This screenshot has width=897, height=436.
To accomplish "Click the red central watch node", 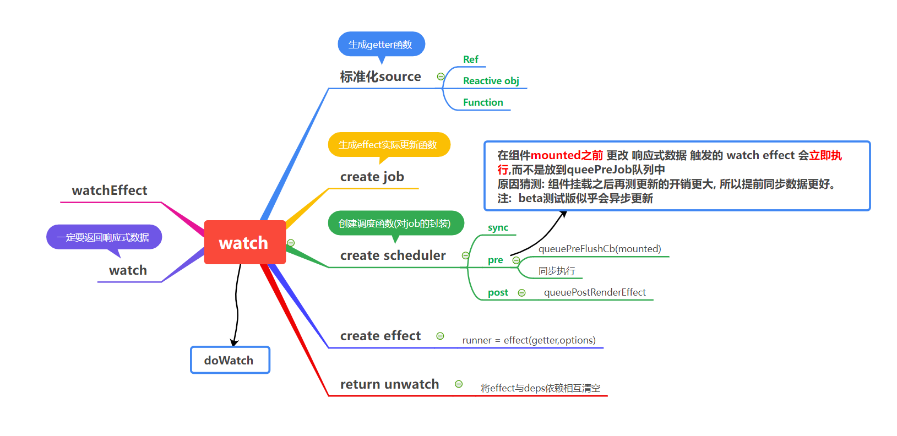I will click(244, 242).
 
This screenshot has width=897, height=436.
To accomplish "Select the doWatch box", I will click(230, 360).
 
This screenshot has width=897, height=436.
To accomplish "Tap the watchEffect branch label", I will click(110, 190).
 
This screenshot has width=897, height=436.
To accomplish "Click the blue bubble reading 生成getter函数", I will click(381, 44).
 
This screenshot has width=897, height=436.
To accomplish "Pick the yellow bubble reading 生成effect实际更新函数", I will click(389, 145).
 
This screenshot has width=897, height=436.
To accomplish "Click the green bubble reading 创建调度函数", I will click(395, 223).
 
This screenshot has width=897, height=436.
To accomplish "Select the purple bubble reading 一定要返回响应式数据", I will click(104, 237).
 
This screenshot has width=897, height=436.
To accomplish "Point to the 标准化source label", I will click(380, 77).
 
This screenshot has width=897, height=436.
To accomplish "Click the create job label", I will click(372, 177).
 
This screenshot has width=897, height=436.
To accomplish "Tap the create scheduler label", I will click(393, 255).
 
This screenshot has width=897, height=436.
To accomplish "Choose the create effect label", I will click(380, 336).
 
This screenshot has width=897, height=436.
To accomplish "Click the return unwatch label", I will click(389, 384).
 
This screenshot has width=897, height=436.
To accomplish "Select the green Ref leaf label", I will click(471, 59).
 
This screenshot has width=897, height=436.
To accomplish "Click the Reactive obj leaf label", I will click(491, 81).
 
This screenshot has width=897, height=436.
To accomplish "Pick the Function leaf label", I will click(483, 102).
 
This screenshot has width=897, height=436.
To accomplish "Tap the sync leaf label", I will click(498, 228).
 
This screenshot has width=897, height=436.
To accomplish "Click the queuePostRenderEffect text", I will click(595, 292).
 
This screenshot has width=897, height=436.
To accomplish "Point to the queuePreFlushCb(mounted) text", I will click(600, 249).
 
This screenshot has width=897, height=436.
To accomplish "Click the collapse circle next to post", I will click(522, 293).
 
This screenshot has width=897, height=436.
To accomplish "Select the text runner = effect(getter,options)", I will click(529, 340).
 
